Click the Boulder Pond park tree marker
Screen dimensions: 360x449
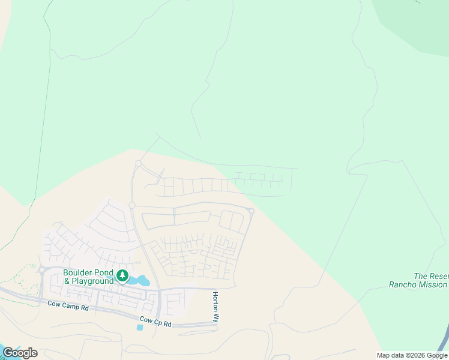(122, 276)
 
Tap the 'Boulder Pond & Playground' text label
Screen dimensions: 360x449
(89, 277)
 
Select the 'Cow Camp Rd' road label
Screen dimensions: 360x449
(68, 306)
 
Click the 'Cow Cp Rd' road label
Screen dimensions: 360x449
(155, 322)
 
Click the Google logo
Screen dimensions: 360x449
(20, 353)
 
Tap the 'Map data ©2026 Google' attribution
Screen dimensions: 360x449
(412, 355)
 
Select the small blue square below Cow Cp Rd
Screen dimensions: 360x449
(140, 328)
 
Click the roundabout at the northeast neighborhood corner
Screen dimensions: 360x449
(252, 211)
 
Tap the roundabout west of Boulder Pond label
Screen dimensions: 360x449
(42, 269)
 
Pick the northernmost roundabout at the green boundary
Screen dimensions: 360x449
(138, 163)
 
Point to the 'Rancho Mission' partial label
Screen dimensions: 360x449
(418, 285)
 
